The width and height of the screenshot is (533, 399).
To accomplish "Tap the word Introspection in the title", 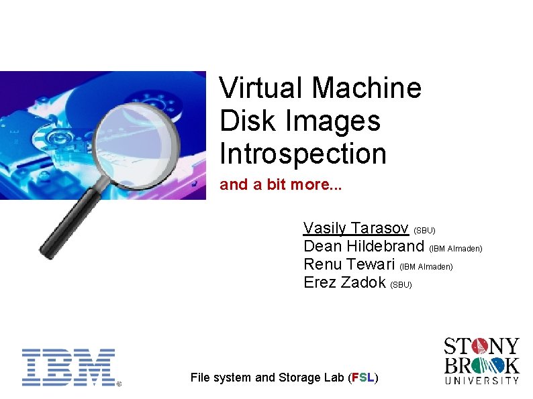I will [x=303, y=154].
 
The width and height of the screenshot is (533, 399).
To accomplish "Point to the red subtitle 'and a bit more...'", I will [x=281, y=185].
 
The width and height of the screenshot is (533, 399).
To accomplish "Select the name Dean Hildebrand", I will [x=364, y=246].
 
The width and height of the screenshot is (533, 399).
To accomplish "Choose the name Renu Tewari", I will [x=350, y=264].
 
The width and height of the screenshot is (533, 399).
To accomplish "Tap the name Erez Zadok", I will [x=345, y=282].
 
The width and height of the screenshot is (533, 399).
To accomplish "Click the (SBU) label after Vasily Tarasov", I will [x=424, y=230].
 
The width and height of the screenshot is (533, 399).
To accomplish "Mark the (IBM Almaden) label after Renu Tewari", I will [x=426, y=267].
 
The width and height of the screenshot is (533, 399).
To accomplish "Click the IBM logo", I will [x=69, y=367].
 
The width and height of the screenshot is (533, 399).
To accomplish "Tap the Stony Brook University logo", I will [x=481, y=360].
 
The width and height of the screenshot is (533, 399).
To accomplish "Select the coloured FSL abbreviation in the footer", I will [x=362, y=378].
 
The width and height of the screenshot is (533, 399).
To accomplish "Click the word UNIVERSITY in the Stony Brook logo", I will [x=482, y=380].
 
